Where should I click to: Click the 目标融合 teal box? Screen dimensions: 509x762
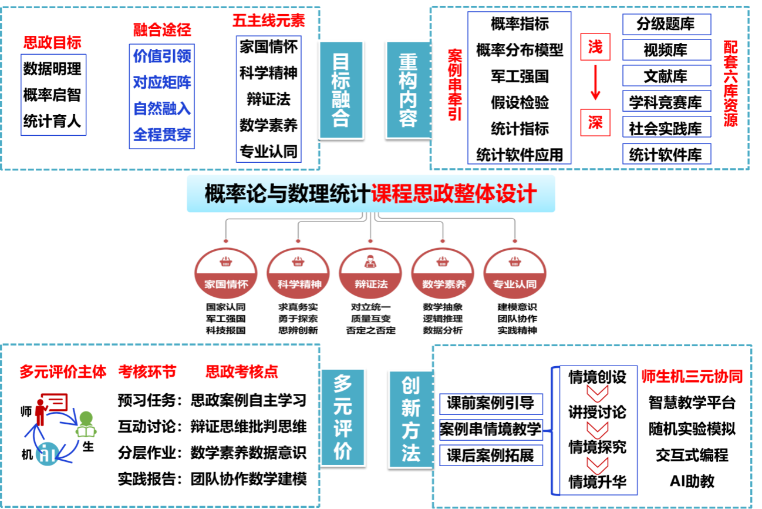(x=341, y=89)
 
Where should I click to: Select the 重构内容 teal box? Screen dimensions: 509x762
(x=408, y=89)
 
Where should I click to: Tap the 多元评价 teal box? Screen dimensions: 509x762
(x=343, y=417)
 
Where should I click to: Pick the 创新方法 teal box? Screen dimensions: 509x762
(x=410, y=418)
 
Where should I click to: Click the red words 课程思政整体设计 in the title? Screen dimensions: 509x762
(x=454, y=193)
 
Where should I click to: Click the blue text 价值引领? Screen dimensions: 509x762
(x=161, y=56)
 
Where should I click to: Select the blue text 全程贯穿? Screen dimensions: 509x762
(x=161, y=135)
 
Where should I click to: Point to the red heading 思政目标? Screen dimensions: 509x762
(x=52, y=42)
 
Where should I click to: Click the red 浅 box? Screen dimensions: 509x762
(x=595, y=47)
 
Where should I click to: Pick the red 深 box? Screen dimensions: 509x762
(x=595, y=122)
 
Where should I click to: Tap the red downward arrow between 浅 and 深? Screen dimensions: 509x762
(x=595, y=83)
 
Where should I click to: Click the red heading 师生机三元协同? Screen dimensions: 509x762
(x=692, y=377)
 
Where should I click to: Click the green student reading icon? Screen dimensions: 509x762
(x=86, y=424)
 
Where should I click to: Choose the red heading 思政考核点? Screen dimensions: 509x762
(x=241, y=371)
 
